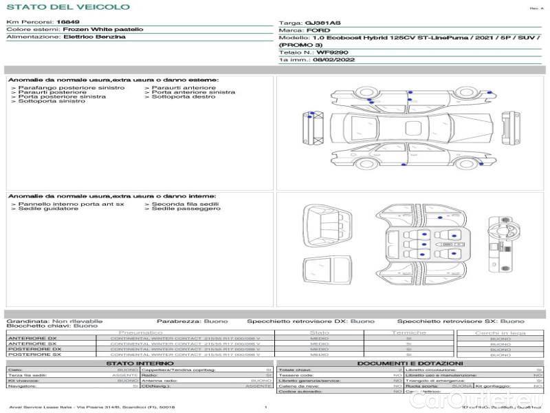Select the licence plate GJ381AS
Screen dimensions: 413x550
click(322, 23)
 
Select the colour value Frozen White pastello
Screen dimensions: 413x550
click(103, 30)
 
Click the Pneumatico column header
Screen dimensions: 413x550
click(145, 332)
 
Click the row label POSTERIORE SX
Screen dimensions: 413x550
click(34, 354)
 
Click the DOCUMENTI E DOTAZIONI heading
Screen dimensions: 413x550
click(410, 363)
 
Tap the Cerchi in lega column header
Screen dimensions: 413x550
click(500, 332)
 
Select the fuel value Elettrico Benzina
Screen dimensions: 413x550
click(94, 36)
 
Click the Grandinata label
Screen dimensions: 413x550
click(27, 321)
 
